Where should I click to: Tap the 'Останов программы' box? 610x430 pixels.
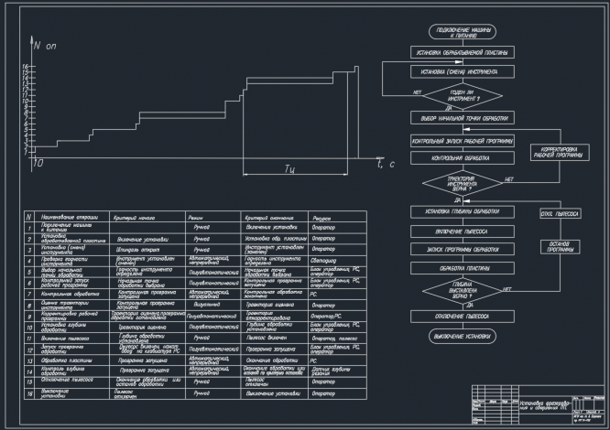tap(561, 247)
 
